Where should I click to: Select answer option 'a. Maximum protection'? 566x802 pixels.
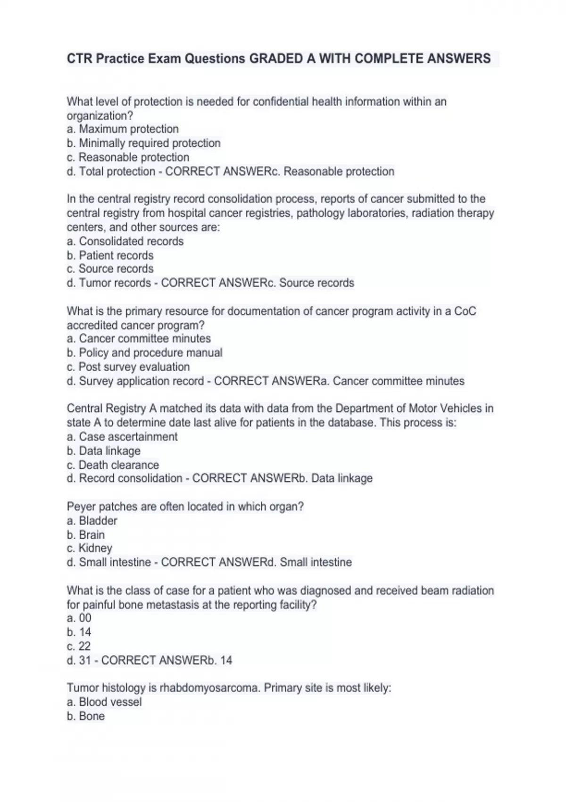pyautogui.click(x=123, y=129)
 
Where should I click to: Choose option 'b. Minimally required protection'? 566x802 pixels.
pyautogui.click(x=143, y=143)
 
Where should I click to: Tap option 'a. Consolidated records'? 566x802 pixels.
pyautogui.click(x=125, y=241)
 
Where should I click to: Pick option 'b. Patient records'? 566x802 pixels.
pyautogui.click(x=110, y=255)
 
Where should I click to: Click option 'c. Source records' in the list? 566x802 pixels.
pyautogui.click(x=110, y=268)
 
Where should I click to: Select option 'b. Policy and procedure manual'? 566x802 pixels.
pyautogui.click(x=144, y=352)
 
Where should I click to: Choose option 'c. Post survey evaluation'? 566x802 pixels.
pyautogui.click(x=128, y=367)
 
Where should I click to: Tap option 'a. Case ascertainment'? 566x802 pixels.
pyautogui.click(x=122, y=436)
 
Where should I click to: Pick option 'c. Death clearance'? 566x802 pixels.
pyautogui.click(x=113, y=465)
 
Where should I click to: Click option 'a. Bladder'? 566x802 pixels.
pyautogui.click(x=92, y=520)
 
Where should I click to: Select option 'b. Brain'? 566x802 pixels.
pyautogui.click(x=85, y=535)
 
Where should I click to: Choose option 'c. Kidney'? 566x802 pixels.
pyautogui.click(x=89, y=548)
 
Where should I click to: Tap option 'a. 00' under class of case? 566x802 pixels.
pyautogui.click(x=79, y=618)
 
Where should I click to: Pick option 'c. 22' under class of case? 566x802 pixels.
pyautogui.click(x=78, y=646)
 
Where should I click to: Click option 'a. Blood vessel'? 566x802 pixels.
pyautogui.click(x=104, y=702)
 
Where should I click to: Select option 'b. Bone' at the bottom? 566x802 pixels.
pyautogui.click(x=85, y=716)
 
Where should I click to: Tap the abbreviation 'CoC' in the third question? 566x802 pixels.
pyautogui.click(x=465, y=311)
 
